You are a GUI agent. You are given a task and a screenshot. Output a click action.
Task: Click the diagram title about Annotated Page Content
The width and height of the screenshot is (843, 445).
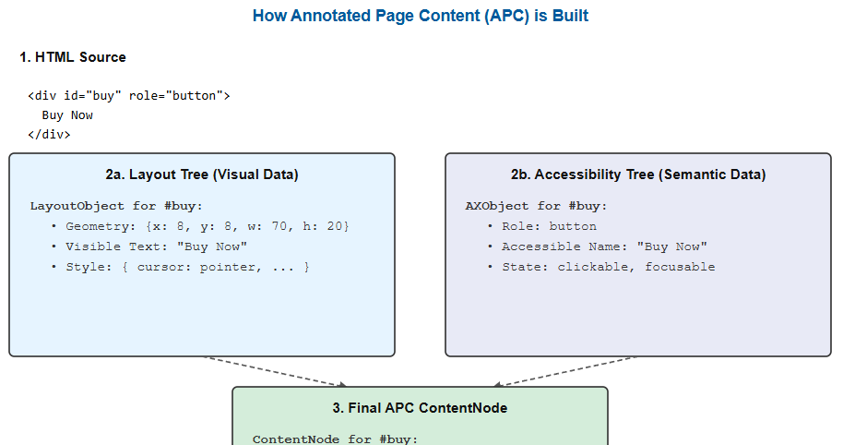click(x=421, y=16)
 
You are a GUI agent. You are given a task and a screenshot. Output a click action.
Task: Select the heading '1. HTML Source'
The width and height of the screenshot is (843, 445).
click(x=73, y=57)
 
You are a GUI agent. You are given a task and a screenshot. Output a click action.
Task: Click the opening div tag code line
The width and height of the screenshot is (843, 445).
click(x=129, y=96)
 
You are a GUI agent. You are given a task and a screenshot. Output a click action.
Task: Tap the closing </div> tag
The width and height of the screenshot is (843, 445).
click(x=49, y=135)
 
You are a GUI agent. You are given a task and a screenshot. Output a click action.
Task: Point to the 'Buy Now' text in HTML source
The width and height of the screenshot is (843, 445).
click(x=67, y=115)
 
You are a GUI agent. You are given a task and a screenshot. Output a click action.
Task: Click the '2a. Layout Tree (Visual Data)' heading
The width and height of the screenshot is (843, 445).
click(x=202, y=174)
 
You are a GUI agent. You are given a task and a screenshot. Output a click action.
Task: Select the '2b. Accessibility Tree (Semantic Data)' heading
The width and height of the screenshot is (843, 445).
click(x=638, y=174)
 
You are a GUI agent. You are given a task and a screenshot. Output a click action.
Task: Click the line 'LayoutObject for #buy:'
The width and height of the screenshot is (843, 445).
click(x=116, y=206)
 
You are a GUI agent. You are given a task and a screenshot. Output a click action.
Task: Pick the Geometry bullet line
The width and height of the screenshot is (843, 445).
click(x=200, y=226)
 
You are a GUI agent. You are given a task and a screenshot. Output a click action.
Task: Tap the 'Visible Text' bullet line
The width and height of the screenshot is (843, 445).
click(x=148, y=247)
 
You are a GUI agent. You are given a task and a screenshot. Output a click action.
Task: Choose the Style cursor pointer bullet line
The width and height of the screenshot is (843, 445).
click(x=180, y=268)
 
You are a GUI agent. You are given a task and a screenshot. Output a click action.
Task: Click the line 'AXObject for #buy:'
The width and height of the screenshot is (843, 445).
click(x=536, y=206)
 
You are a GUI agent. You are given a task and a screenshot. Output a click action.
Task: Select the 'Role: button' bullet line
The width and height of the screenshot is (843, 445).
click(x=542, y=226)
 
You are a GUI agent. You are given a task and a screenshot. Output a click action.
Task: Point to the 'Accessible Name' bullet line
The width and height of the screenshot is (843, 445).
click(x=598, y=247)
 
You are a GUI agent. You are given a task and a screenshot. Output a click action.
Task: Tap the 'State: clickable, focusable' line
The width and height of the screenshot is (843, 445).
click(x=601, y=268)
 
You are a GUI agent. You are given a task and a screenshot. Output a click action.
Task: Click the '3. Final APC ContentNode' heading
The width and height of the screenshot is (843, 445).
click(x=420, y=408)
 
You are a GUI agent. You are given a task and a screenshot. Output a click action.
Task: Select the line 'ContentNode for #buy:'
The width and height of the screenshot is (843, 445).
click(x=335, y=439)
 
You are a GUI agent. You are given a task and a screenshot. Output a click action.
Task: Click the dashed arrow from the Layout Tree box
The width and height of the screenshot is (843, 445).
click(x=276, y=371)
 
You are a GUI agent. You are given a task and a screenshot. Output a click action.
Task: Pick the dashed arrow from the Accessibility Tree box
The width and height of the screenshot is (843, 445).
click(x=564, y=371)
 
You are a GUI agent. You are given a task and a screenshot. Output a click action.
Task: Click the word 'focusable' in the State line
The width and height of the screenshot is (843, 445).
click(x=680, y=268)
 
